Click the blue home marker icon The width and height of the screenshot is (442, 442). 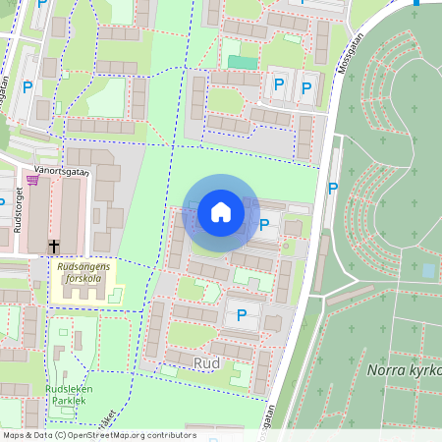[220, 212]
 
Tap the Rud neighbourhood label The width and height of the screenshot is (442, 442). [206, 363]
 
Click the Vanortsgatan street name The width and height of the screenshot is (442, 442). [62, 171]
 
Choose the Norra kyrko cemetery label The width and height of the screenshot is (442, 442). [403, 370]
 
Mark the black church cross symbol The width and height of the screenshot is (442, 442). [54, 246]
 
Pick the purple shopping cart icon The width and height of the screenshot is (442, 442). [32, 180]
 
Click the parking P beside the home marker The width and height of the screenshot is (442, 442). [264, 226]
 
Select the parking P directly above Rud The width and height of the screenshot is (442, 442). [242, 315]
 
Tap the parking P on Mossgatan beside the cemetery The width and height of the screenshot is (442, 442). [333, 188]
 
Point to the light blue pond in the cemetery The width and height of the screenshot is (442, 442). [428, 269]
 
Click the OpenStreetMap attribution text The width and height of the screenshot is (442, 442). [98, 435]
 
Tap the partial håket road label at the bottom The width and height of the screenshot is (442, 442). [109, 420]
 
